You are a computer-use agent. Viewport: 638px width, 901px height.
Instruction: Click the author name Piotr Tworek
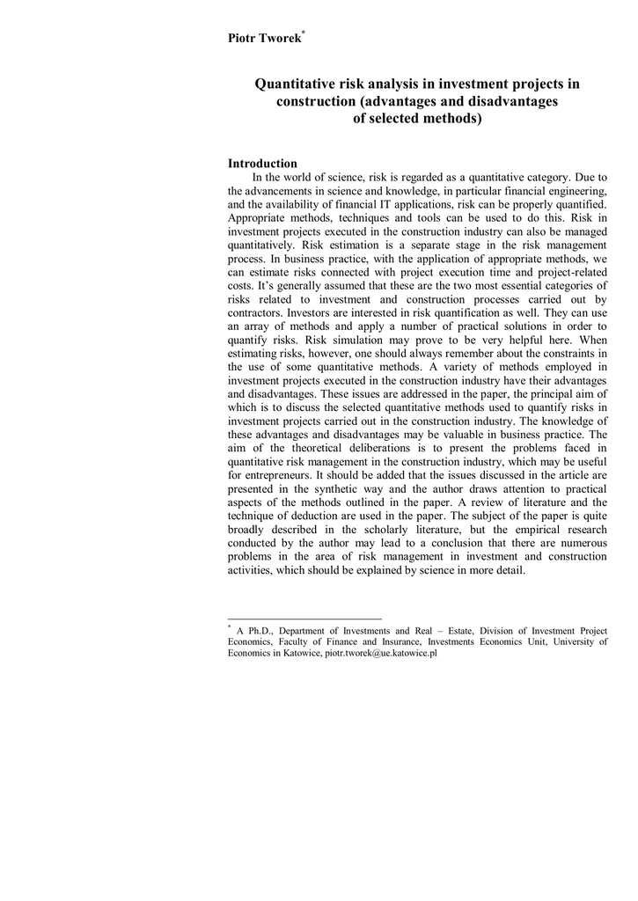(x=264, y=39)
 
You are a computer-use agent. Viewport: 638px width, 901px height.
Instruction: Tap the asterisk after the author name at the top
(x=303, y=33)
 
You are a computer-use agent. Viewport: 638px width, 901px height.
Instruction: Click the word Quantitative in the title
(x=295, y=84)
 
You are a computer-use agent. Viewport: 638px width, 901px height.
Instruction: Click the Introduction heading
(x=262, y=164)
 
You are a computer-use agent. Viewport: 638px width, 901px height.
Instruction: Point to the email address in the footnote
(x=381, y=655)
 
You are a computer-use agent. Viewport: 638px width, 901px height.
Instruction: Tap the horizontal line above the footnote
(x=304, y=619)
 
